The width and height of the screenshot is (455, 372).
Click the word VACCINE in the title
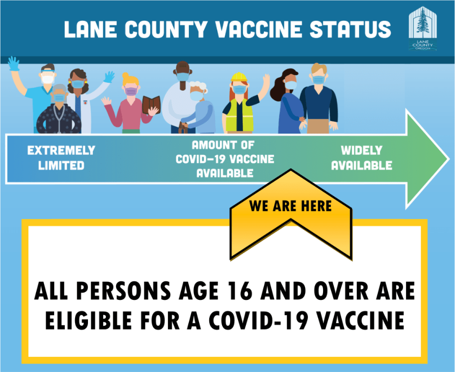click(259, 29)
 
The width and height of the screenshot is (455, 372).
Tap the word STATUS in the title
click(351, 29)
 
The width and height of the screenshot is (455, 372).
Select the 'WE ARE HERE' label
click(291, 206)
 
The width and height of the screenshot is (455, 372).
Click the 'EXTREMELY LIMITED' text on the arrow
click(61, 158)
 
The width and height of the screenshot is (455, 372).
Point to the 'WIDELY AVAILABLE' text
click(362, 158)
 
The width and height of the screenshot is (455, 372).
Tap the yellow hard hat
click(239, 77)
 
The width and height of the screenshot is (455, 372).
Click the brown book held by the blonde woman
click(151, 105)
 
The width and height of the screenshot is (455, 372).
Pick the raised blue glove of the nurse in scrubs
click(13, 64)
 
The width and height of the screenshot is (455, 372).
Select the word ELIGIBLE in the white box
click(88, 320)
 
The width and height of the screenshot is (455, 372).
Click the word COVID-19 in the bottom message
click(259, 320)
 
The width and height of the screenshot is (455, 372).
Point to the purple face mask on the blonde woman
click(131, 91)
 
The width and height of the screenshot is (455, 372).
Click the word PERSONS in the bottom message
click(124, 291)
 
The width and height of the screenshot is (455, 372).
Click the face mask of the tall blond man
click(318, 80)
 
